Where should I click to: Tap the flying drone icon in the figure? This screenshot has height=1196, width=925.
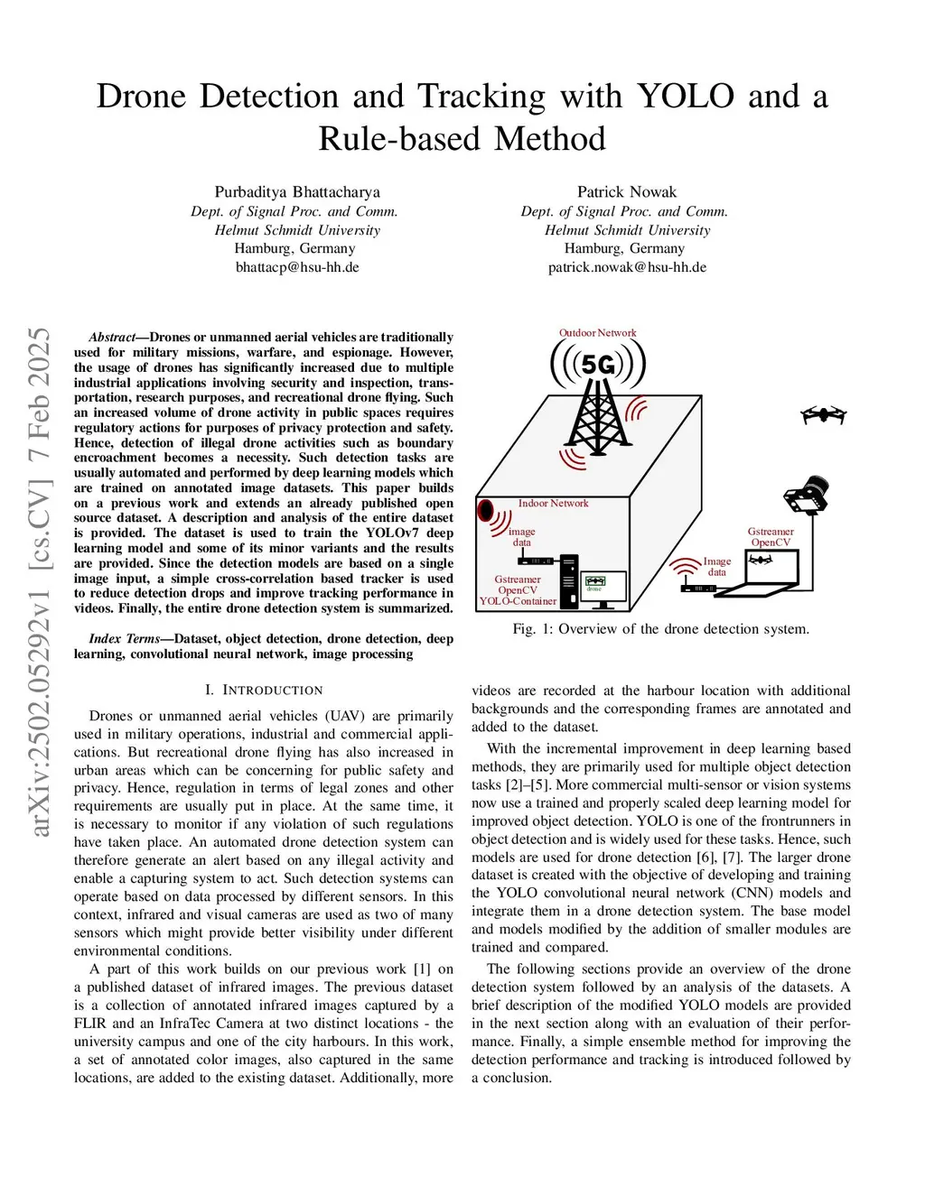click(x=823, y=415)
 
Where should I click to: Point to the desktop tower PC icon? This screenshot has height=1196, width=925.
click(x=569, y=582)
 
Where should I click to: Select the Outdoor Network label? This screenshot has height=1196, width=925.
click(x=597, y=333)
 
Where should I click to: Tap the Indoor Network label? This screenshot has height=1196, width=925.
click(x=553, y=503)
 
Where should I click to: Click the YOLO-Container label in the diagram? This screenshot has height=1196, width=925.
click(x=518, y=601)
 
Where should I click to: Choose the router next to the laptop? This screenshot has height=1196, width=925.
click(x=697, y=589)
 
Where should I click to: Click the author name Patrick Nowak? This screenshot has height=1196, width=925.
click(x=626, y=191)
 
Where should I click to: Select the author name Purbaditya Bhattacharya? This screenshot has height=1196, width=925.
click(x=297, y=191)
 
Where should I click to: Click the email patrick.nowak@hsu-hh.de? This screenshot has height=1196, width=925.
click(x=626, y=267)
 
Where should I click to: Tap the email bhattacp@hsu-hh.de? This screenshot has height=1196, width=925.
click(x=297, y=267)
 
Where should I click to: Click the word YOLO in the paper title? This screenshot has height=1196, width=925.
click(x=686, y=96)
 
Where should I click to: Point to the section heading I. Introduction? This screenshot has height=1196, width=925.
click(x=264, y=690)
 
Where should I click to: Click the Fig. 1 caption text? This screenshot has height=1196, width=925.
click(x=660, y=628)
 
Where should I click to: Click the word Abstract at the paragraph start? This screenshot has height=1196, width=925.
click(x=111, y=337)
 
